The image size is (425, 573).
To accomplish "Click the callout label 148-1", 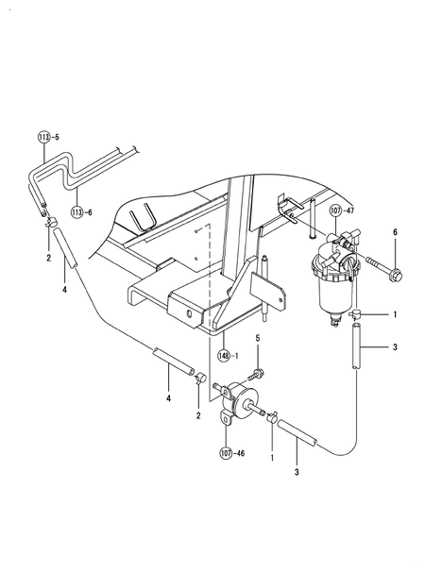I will [227, 356].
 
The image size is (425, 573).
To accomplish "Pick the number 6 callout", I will [395, 232].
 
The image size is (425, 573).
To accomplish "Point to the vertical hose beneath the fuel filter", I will [356, 346].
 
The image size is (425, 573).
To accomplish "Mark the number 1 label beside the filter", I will [395, 313].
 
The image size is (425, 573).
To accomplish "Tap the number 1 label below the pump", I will [272, 457].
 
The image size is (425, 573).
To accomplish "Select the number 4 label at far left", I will [63, 291].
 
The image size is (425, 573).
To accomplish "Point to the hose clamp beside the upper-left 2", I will [55, 224].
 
